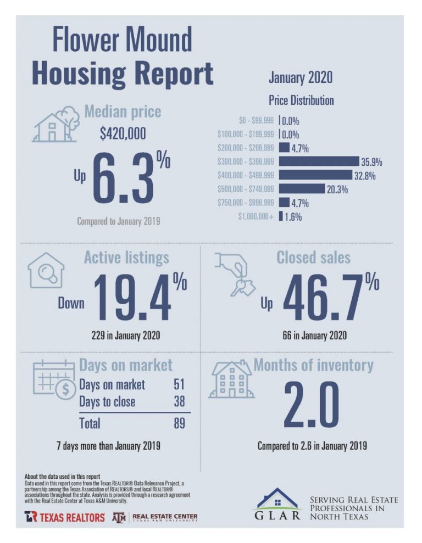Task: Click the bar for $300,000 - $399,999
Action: pyautogui.click(x=319, y=161)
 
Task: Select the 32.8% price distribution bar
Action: pyautogui.click(x=315, y=175)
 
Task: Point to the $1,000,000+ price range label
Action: pyautogui.click(x=256, y=216)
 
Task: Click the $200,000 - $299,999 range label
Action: pyautogui.click(x=246, y=148)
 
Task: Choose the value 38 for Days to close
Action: pyautogui.click(x=179, y=402)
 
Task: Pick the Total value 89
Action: pyautogui.click(x=179, y=423)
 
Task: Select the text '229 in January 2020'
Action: pyautogui.click(x=126, y=335)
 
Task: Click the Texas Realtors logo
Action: pyautogui.click(x=64, y=517)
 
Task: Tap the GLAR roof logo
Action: pyautogui.click(x=277, y=500)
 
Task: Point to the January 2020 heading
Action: pyautogui.click(x=300, y=77)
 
